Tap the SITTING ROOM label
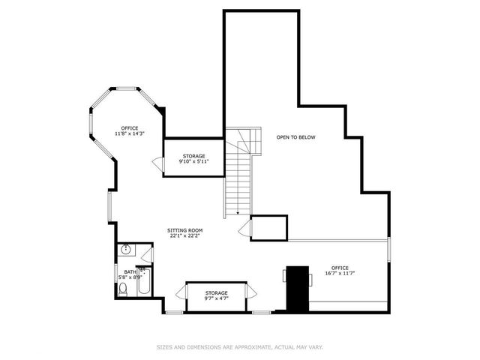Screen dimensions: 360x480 tap(184, 230)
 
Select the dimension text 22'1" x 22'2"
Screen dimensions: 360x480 tap(184, 236)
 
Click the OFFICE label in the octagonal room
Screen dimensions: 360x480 tap(129, 127)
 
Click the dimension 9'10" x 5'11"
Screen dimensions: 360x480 tap(193, 162)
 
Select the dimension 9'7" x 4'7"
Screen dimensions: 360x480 tap(216, 298)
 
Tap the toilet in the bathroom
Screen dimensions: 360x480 tap(123, 289)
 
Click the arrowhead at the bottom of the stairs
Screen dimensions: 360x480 tap(238, 214)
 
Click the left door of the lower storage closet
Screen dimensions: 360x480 tap(181, 292)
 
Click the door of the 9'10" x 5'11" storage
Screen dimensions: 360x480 tap(158, 163)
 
